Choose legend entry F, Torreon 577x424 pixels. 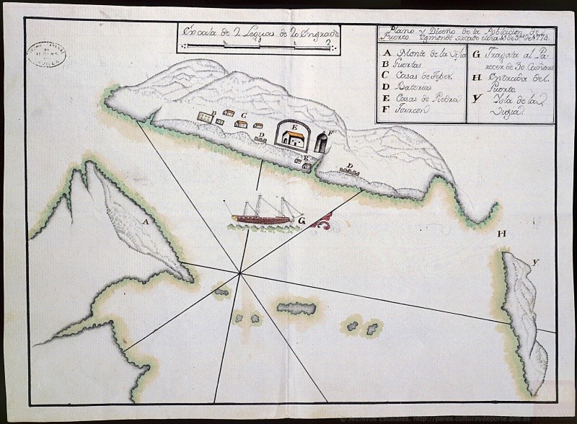point(408,110)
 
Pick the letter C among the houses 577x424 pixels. point(245,115)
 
